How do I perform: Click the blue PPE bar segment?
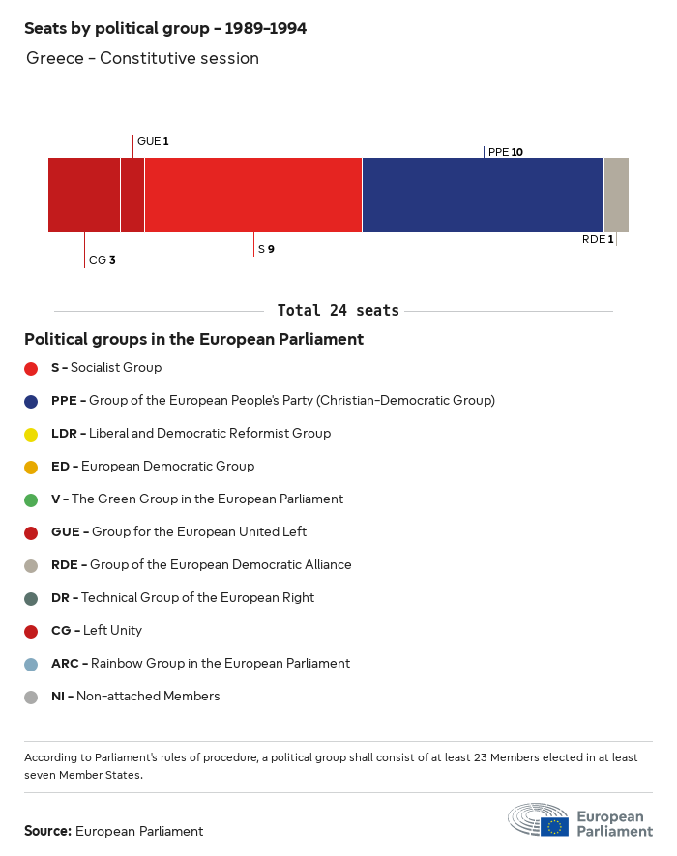483,195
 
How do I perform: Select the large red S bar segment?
252,195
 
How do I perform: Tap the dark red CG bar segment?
84,195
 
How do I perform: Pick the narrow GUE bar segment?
132,195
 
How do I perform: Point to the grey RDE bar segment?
616,195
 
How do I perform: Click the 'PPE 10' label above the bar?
506,152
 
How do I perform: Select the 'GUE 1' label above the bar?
153,141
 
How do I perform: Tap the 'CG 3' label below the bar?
102,260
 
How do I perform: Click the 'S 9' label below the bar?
266,249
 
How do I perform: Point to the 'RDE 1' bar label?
598,239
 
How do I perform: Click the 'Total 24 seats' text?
338,310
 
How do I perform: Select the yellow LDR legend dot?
31,434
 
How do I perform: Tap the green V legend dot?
31,499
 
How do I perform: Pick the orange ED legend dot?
31,467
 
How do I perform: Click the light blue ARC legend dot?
31,664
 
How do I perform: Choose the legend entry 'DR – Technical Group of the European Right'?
183,597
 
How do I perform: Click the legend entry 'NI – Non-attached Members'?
135,696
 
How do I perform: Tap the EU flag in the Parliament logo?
555,826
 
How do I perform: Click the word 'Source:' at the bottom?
47,831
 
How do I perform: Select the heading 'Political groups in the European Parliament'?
193,339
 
